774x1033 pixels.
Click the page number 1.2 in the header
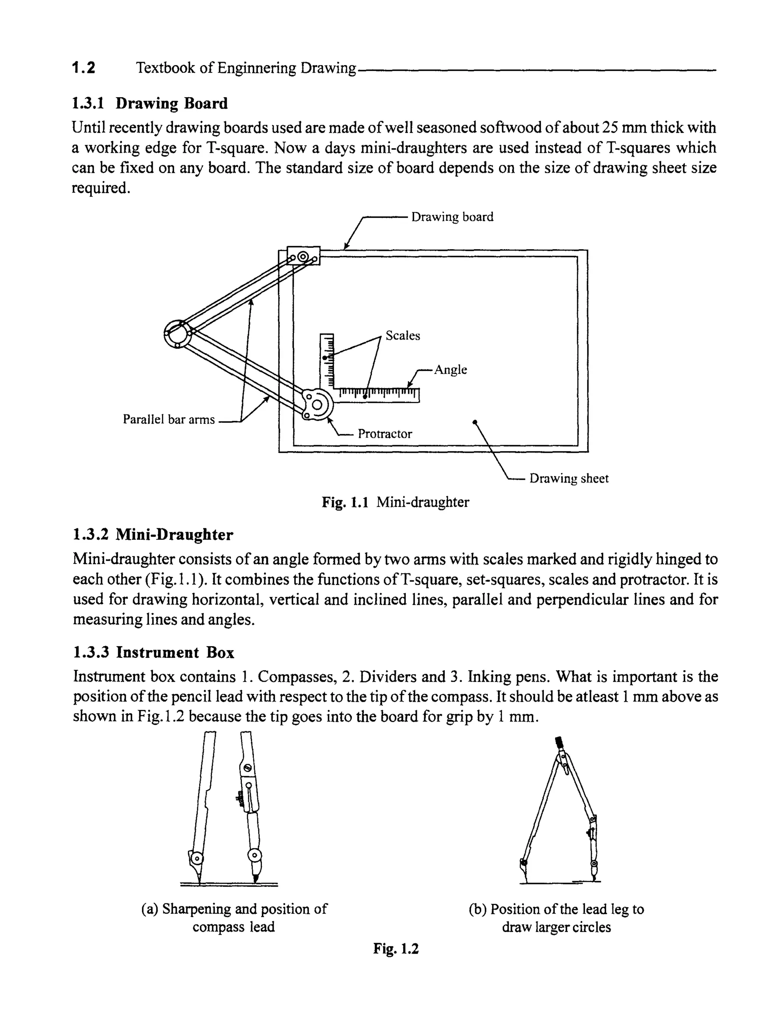pos(83,68)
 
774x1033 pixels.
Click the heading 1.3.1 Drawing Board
pos(149,103)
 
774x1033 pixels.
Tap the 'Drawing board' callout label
pos(452,217)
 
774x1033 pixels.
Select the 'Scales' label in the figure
pos(402,335)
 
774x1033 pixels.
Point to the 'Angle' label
pos(450,369)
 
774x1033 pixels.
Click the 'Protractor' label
pos(385,434)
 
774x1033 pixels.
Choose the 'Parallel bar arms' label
pos(169,419)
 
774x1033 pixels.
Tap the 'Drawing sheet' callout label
pos(569,478)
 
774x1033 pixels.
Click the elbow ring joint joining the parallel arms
pos(177,333)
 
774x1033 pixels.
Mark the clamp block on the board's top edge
pos(303,256)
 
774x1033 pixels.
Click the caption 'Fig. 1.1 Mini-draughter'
pos(395,502)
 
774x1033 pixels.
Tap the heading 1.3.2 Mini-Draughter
pos(153,534)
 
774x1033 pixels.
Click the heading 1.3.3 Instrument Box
pos(153,652)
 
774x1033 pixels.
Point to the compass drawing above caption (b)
pos(559,812)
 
